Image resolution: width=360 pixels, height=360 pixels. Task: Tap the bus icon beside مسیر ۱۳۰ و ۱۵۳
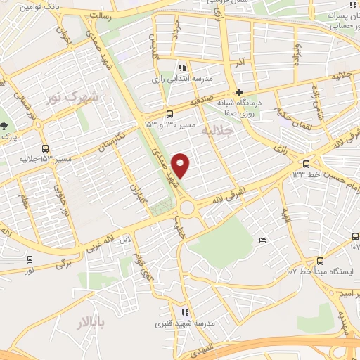pos(169,114)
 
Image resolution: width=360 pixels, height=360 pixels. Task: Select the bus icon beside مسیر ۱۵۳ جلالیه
pos(46,149)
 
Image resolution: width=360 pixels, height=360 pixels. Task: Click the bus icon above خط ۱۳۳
pos(306,162)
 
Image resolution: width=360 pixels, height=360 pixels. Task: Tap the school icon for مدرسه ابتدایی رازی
pos(182,68)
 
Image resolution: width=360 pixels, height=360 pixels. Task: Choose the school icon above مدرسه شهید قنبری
pos(184,312)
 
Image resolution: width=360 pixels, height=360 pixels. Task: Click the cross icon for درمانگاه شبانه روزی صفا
pos(239,92)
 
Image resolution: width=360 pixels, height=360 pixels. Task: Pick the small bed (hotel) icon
pos(262,240)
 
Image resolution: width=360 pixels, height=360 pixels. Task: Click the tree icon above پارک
pos(4,124)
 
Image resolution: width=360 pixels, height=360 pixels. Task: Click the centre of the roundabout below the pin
pos(187,208)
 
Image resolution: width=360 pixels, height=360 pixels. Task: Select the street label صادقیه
pos(200,100)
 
